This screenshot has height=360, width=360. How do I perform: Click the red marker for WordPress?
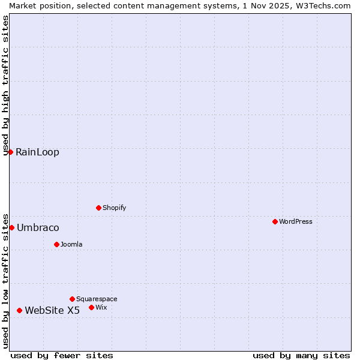click(275, 221)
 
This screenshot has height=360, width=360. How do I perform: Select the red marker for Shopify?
click(98, 208)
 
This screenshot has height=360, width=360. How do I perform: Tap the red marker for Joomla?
click(56, 244)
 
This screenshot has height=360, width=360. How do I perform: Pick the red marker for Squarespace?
click(72, 299)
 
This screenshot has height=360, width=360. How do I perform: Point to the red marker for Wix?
click(91, 307)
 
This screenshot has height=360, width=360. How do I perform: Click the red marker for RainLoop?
click(10, 152)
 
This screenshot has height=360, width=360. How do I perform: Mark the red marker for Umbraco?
click(11, 227)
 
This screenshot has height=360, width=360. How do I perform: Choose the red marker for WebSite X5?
click(19, 310)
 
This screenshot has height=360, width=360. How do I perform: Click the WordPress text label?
click(296, 221)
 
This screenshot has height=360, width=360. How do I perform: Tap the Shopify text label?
click(114, 208)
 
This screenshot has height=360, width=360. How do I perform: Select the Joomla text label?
click(71, 244)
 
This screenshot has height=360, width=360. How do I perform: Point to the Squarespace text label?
click(97, 299)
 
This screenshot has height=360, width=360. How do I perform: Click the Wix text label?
click(101, 307)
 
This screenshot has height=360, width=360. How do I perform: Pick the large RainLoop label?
click(37, 152)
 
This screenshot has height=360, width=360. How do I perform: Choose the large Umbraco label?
click(38, 227)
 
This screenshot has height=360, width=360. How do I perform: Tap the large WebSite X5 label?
click(52, 310)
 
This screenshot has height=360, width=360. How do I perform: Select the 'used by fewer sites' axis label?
click(62, 355)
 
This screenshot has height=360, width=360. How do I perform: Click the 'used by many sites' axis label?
click(301, 355)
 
